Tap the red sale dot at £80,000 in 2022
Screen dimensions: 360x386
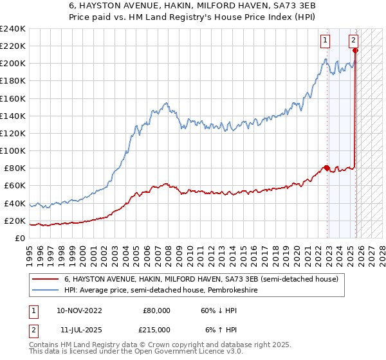tap(327, 168)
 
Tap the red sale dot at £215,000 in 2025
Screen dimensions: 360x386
tap(355, 50)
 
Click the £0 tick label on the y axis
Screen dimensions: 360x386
tap(19, 238)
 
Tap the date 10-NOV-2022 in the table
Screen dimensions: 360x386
tap(79, 310)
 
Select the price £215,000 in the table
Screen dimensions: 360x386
tap(156, 329)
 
